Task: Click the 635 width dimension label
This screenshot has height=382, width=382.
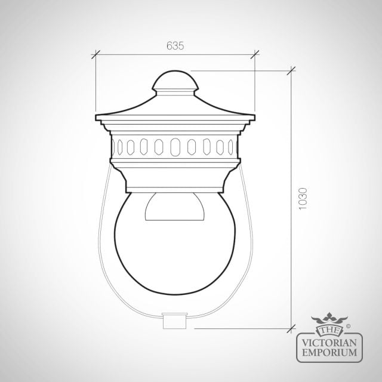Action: coord(175,46)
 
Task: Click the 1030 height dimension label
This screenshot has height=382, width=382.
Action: coord(303,199)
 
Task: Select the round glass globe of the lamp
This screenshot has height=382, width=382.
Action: coord(175,244)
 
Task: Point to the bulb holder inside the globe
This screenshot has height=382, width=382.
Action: coord(175,207)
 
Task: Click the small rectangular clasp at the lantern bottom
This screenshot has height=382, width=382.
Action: coord(175,321)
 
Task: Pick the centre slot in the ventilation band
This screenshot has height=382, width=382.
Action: coord(175,147)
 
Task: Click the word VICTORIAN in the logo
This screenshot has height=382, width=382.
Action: coord(329,343)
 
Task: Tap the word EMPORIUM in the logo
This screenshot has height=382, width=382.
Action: coord(329,352)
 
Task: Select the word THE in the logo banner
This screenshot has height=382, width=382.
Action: coord(329,330)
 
